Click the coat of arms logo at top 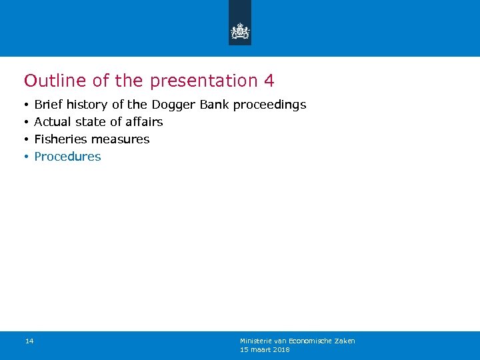tap(240, 31)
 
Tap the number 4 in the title tap(269, 81)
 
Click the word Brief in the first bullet tap(49, 105)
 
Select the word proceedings tap(269, 105)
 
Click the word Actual tap(52, 122)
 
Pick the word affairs tap(144, 122)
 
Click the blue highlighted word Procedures tap(67, 157)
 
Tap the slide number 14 tap(29, 341)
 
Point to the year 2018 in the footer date tap(281, 349)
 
